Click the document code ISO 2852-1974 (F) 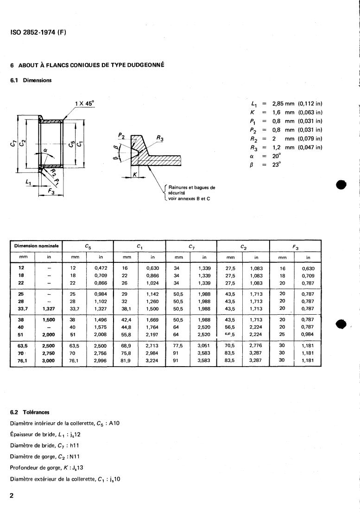pos(38,33)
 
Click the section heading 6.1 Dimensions pos(31,80)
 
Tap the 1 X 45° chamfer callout pos(84,103)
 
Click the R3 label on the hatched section pos(160,138)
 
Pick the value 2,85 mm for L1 pos(283,103)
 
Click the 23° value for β pos(277,165)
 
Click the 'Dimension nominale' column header pos(36,246)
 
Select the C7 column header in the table pos(191,246)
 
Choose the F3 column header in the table pos(295,246)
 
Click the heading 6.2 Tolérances pos(30,412)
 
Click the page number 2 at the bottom pos(12,495)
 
